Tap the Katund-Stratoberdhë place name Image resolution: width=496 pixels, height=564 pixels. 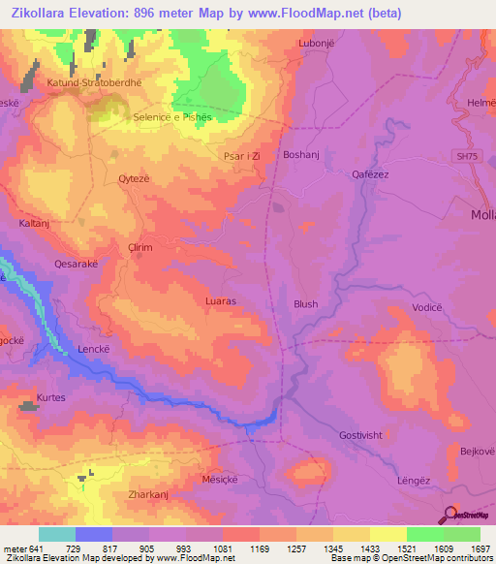pos(94,83)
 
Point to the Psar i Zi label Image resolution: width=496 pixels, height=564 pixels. pos(242,154)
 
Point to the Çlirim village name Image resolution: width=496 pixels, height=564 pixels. pos(141,248)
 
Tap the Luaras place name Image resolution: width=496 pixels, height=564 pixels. pos(221,301)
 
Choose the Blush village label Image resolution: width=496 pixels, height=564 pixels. pos(305,304)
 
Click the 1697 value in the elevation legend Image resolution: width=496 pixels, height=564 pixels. pos(482,548)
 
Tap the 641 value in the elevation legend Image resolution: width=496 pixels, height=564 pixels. pos(37,548)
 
